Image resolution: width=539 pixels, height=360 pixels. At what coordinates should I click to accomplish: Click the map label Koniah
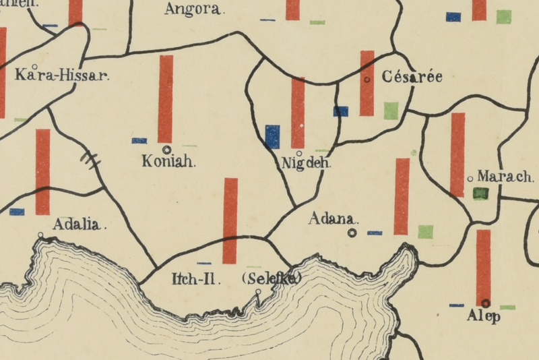(168, 162)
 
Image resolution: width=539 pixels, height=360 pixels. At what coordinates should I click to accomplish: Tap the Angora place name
(193, 9)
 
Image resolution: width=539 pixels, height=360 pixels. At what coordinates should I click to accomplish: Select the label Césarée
(412, 77)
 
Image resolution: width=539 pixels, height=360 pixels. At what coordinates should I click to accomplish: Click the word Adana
(334, 219)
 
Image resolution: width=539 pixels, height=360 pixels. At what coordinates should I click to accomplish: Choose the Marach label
(505, 177)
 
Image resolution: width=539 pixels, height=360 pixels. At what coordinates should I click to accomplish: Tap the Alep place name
(484, 316)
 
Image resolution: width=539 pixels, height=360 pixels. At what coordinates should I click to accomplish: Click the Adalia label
(80, 224)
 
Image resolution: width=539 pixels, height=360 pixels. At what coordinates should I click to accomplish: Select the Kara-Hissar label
(62, 75)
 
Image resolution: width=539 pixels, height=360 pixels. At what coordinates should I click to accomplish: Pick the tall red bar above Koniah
(165, 99)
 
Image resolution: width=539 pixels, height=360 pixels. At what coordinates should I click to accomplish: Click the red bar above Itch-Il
(230, 220)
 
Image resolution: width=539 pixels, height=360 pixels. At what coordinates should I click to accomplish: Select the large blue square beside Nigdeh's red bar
(272, 136)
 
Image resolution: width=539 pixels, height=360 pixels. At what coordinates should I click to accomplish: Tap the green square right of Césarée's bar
(391, 111)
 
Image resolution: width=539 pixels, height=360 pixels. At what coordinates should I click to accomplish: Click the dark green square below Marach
(480, 193)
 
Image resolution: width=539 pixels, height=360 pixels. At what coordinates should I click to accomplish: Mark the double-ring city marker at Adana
(352, 233)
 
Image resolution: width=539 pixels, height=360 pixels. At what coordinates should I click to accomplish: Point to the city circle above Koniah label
(166, 149)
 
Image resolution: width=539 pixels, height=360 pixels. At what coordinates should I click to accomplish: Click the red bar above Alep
(483, 267)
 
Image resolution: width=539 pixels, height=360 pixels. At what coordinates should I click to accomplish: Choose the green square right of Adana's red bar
(425, 232)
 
